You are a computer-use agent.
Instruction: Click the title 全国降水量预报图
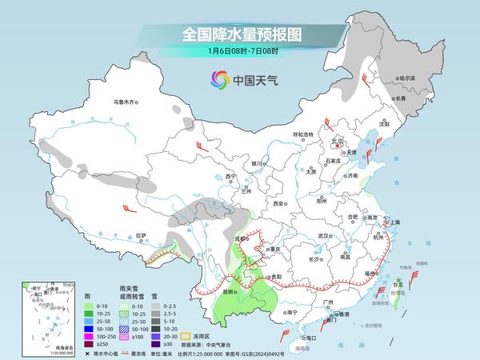pos(240,35)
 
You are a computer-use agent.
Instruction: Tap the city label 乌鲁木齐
pos(126,103)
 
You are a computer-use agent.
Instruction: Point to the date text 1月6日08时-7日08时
pos(240,53)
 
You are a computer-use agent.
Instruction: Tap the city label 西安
pos(279,204)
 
